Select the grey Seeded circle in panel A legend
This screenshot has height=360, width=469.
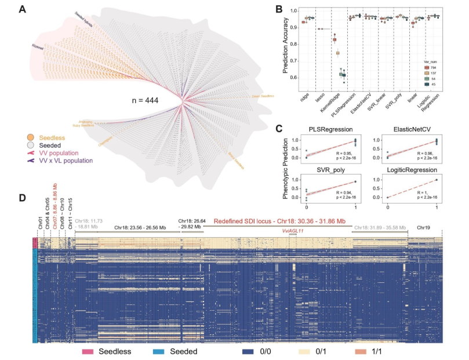tap(31, 145)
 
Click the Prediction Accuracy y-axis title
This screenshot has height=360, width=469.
tap(285, 46)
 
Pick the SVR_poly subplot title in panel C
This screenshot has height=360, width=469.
tap(335, 169)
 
